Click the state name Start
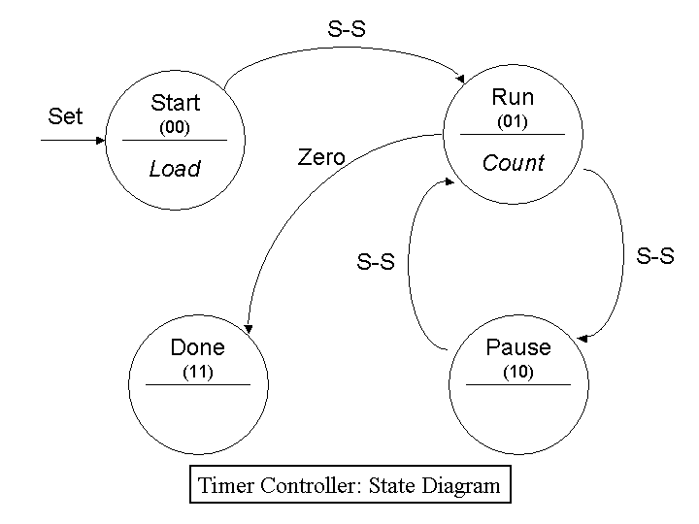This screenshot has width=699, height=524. coord(175,103)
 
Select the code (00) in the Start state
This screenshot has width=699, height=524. coord(175,127)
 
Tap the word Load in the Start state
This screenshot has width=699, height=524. coord(175,169)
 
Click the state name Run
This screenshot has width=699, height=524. coord(513,97)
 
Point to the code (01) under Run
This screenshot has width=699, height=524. coord(513,122)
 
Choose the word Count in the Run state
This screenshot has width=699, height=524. coord(514,163)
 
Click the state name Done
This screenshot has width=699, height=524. coord(197,347)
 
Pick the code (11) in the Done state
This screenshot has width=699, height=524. coord(197,372)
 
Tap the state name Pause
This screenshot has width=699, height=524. coord(517,347)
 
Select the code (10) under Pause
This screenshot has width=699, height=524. coord(517,372)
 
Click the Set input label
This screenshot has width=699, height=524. coord(65,116)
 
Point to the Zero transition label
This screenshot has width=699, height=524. coord(321,157)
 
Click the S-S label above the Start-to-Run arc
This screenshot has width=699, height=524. coord(347,29)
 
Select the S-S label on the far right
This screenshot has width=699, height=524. coord(655,256)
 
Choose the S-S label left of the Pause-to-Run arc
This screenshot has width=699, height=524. coord(376,262)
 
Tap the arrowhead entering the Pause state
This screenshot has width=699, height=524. coord(582,337)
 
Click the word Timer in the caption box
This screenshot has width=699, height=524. coord(227,485)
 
